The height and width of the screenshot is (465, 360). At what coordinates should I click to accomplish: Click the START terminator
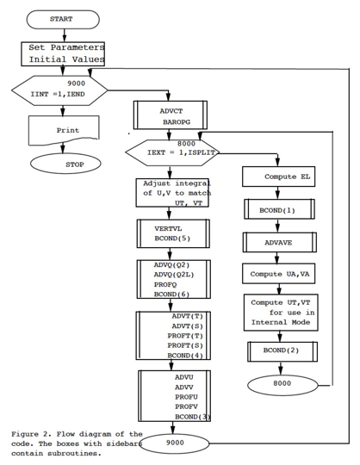63,20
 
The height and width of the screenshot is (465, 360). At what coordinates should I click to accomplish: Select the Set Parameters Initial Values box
63,53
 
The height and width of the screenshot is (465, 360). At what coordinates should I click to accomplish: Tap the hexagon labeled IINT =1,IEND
59,90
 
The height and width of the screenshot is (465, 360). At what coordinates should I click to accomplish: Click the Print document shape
64,131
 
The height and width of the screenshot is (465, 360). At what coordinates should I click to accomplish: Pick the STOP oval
65,164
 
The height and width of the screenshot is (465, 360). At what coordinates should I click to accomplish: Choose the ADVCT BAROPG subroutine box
171,115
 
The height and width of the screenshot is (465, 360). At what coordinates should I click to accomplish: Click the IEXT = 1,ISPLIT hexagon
172,152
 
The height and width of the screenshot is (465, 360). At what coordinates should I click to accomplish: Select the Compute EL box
278,177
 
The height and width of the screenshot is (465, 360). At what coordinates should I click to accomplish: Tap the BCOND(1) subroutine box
279,209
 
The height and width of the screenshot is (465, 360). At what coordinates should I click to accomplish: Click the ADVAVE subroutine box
279,242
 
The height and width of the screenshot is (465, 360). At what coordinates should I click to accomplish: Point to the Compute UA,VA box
278,274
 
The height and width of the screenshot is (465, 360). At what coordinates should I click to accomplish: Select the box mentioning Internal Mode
281,313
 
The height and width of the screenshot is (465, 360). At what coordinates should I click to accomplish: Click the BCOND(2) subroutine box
282,351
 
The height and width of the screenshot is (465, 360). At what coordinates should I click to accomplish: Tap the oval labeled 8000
282,385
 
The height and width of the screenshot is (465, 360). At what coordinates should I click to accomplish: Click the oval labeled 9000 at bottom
174,443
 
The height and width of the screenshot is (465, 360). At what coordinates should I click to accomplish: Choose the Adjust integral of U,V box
172,193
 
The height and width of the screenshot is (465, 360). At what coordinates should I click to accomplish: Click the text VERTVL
168,229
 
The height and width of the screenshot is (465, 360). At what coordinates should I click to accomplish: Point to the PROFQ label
165,284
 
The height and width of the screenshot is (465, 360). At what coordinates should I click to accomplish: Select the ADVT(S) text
188,325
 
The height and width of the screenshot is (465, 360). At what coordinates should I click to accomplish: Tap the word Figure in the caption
25,434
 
